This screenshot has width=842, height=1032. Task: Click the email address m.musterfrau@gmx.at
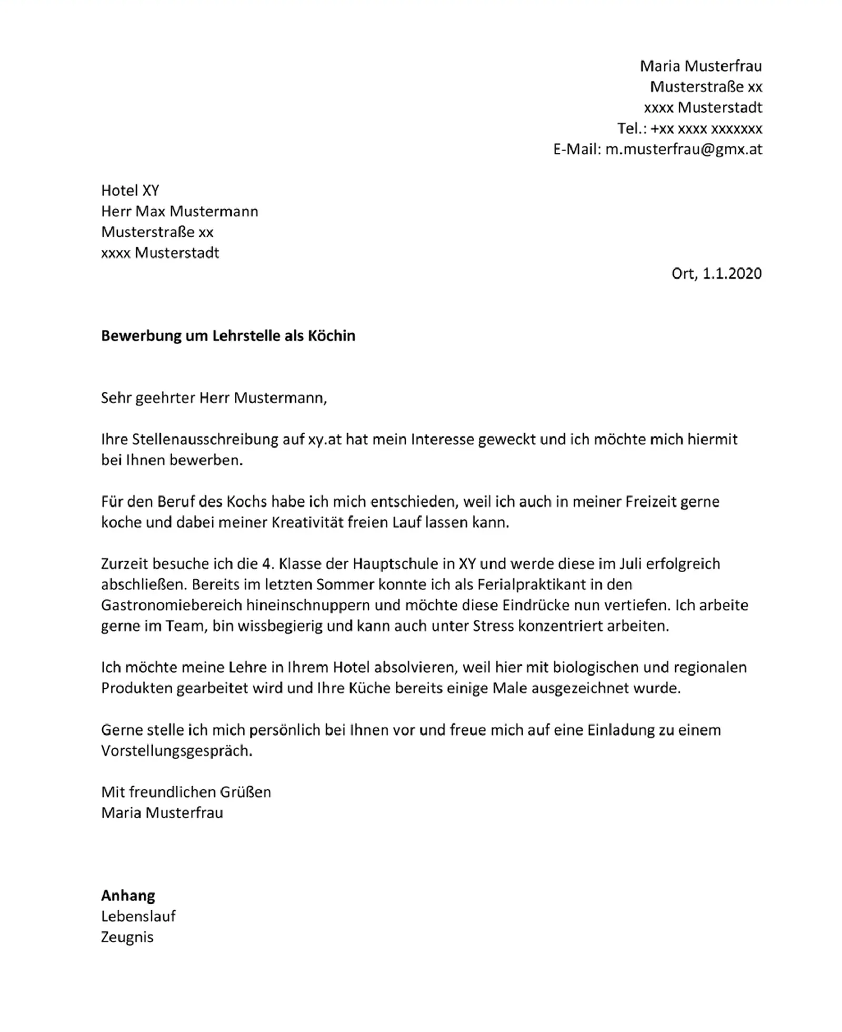(683, 150)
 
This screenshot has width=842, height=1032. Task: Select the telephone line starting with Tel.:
(689, 128)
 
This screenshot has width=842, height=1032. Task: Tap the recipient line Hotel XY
(130, 191)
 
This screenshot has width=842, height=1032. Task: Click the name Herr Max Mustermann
(179, 212)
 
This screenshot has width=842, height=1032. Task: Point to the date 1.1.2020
(732, 273)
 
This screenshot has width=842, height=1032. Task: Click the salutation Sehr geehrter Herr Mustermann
(213, 398)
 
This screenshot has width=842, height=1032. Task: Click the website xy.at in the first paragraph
(325, 440)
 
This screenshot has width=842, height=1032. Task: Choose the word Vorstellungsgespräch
(176, 751)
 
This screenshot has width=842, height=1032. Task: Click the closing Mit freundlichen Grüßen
(186, 792)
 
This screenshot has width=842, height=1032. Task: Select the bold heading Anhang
(128, 896)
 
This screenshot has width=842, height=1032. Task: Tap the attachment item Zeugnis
(127, 937)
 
